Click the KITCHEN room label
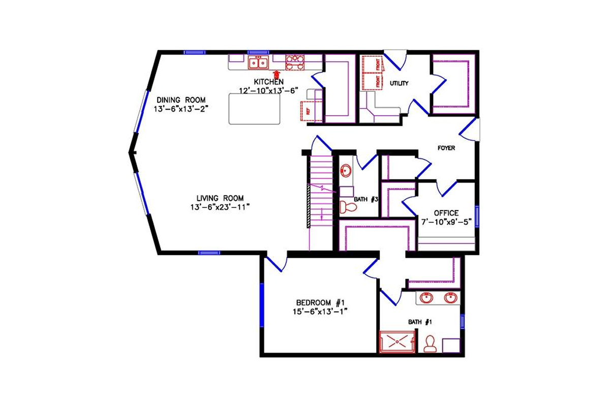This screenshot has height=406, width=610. point(269,82)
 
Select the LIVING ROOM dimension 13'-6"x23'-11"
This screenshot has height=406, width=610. point(220,207)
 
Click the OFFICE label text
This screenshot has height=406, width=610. point(446,213)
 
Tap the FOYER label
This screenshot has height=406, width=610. point(446,148)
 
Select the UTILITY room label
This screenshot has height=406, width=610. point(399,83)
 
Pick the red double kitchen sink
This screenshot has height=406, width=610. point(258,63)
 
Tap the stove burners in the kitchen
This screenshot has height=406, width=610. point(294,62)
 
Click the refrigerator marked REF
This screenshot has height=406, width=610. point(308,111)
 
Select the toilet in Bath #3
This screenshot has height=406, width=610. point(347,207)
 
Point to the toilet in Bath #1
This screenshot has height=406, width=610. point(431,344)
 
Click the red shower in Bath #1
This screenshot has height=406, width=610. point(398,342)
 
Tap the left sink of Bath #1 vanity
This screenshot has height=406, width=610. point(425,298)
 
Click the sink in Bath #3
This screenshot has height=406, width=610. point(345,170)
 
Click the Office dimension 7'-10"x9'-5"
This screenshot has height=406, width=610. point(446,222)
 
